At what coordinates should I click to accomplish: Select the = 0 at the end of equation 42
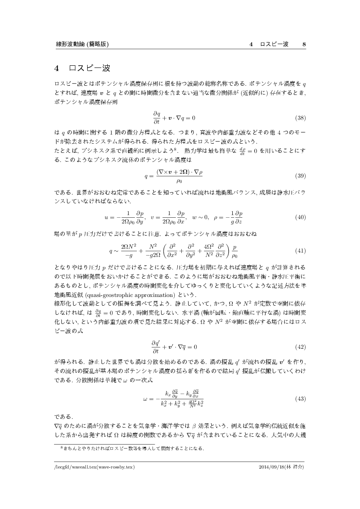191,347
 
